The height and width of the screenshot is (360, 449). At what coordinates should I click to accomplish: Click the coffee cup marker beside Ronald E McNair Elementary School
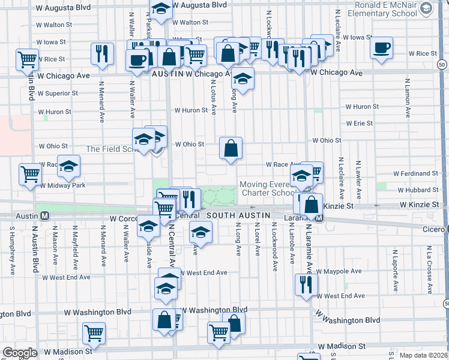[382, 49]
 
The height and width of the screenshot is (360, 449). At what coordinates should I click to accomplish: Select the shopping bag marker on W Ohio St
[231, 148]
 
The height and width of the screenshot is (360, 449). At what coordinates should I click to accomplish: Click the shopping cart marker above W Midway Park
[30, 174]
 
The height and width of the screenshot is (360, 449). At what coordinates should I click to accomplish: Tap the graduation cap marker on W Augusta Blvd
[160, 10]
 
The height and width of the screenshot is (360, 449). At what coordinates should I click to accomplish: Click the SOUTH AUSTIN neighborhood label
[234, 214]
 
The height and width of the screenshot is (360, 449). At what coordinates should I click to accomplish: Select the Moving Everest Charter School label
[268, 188]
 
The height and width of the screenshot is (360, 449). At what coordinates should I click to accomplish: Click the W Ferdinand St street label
[416, 173]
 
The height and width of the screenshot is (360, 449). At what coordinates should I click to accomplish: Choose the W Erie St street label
[360, 124]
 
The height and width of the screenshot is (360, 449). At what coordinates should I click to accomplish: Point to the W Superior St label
[57, 94]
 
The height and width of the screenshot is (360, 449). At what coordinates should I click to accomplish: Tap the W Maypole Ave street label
[339, 271]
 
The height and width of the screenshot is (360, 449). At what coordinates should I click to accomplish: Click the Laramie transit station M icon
[320, 218]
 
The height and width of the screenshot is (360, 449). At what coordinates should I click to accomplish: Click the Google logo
[20, 353]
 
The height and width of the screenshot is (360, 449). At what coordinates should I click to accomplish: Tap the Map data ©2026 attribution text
[424, 355]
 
